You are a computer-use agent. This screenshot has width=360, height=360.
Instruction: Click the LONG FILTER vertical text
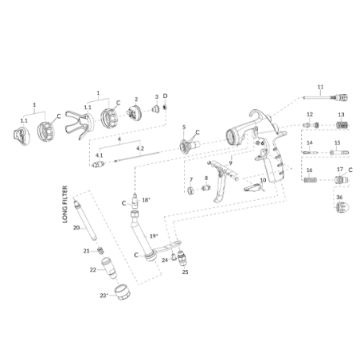click(65, 204)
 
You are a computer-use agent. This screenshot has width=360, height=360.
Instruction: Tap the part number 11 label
click(320, 87)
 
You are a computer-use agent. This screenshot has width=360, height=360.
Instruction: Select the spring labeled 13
click(342, 125)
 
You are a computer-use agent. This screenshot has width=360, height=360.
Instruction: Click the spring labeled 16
click(311, 180)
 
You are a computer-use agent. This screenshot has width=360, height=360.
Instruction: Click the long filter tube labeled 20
click(84, 221)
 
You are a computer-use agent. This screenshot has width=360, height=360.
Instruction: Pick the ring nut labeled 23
click(123, 292)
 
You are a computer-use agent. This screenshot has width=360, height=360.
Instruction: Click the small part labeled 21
click(100, 250)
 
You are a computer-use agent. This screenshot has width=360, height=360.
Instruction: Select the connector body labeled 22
click(109, 268)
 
